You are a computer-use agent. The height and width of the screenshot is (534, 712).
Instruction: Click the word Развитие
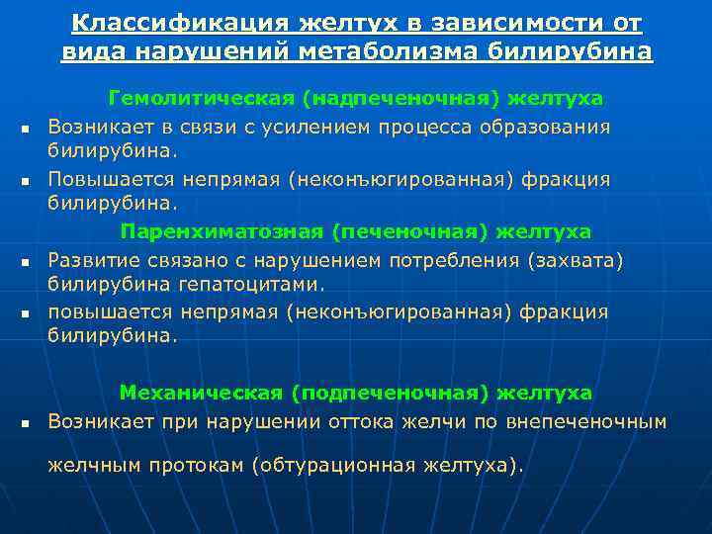click(92, 260)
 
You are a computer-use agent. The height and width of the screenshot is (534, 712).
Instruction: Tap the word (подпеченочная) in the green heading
click(391, 393)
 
